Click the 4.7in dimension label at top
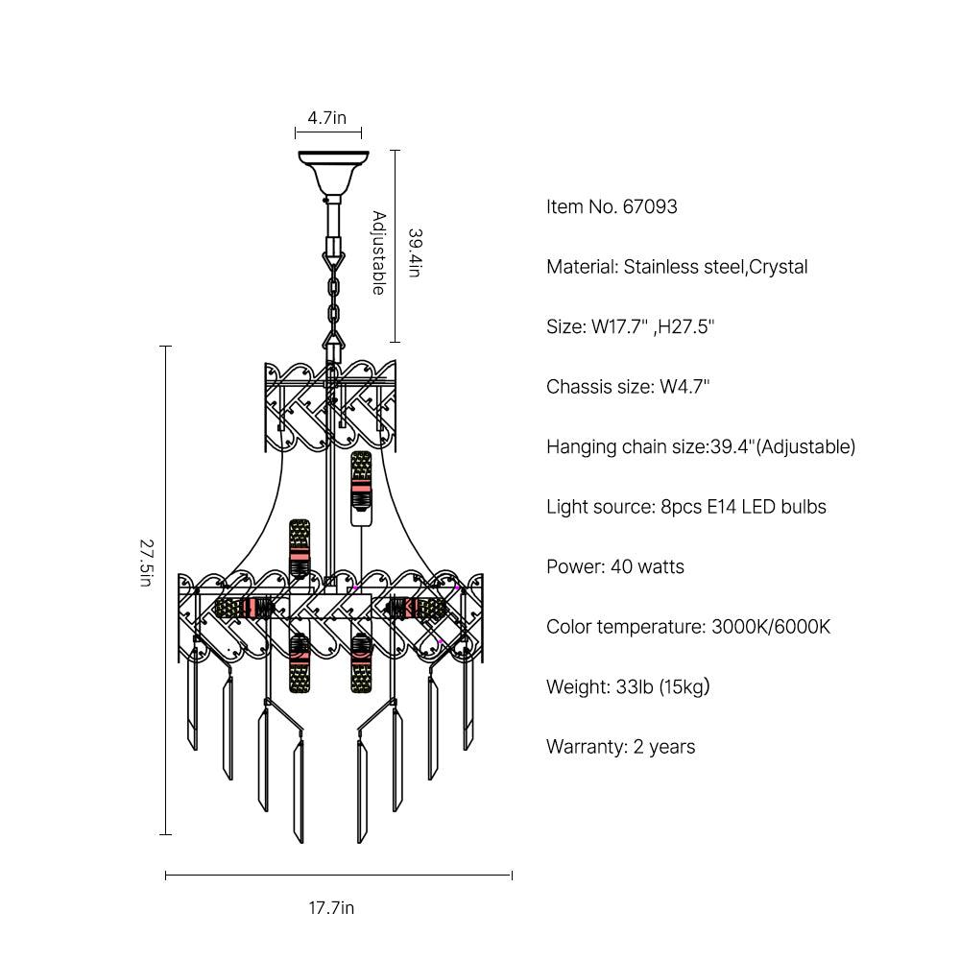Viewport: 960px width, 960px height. [327, 117]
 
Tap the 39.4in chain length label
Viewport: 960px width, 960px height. [415, 252]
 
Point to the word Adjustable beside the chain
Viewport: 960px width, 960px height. [379, 252]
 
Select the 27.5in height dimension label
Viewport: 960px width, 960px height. [146, 563]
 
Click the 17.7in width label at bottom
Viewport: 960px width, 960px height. [331, 907]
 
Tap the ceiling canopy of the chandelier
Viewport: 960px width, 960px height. [334, 173]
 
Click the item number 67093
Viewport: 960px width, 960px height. [650, 207]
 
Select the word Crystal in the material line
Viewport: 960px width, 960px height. [779, 267]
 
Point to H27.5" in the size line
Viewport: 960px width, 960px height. [685, 327]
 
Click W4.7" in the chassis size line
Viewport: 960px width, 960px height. [684, 387]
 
